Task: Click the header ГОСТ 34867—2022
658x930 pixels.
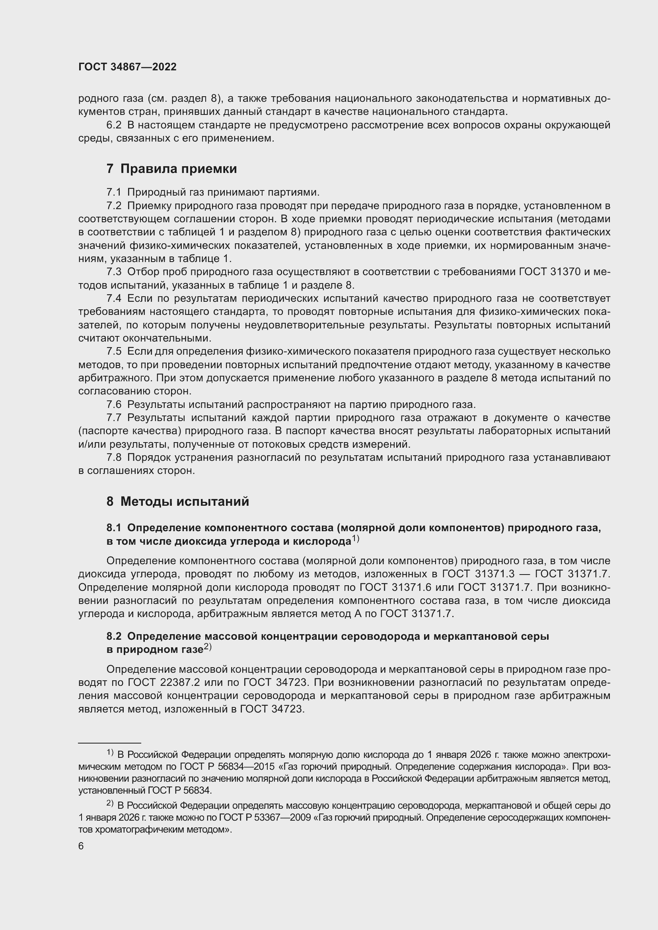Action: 127,67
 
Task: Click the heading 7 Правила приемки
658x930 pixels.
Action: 171,169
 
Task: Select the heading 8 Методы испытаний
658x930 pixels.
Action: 177,501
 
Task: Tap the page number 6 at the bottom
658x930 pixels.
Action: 81,846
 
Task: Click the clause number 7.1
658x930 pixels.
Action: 114,192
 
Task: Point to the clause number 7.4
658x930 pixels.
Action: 114,299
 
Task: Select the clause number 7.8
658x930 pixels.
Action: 114,458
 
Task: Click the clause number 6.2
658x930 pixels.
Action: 114,125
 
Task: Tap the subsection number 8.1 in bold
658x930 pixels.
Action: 114,528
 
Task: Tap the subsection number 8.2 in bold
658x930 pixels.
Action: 114,636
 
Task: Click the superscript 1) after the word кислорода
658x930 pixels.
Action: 355,539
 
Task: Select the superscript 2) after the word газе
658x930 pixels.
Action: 207,647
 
